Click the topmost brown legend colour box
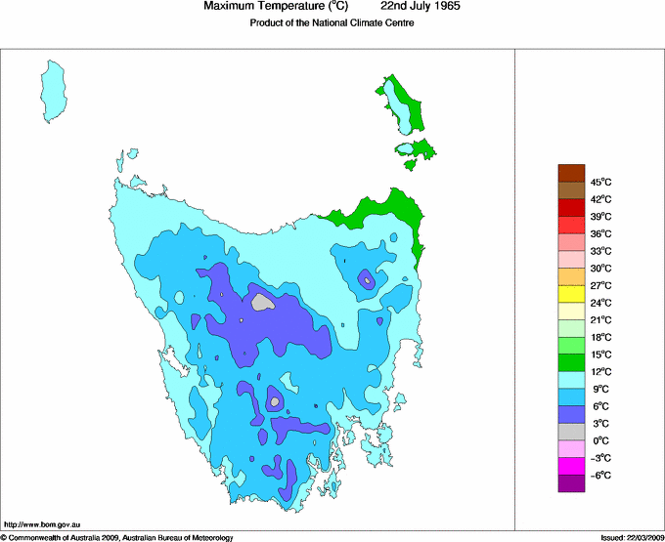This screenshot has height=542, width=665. (571, 173)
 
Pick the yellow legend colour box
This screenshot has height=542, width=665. (571, 294)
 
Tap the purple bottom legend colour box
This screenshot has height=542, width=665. (571, 483)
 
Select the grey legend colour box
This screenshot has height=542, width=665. (571, 432)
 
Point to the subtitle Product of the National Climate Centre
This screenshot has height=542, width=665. (332, 23)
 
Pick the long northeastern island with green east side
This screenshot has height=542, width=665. (404, 104)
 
